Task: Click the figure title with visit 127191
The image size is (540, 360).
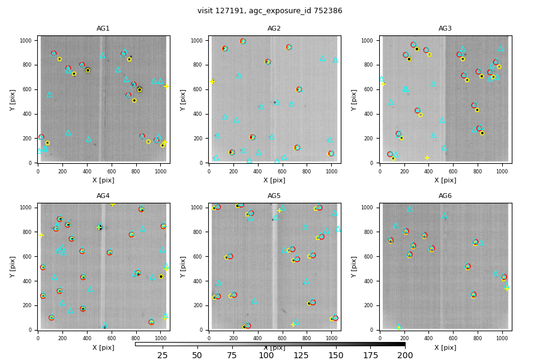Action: click(x=270, y=11)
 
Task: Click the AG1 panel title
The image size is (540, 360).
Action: click(x=103, y=29)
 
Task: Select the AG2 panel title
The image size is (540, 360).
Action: click(x=274, y=29)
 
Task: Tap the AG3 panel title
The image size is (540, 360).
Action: click(x=445, y=29)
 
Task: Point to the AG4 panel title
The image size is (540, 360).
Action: click(x=103, y=196)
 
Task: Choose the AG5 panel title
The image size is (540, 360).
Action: click(x=274, y=196)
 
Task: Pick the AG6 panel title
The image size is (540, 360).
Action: click(x=445, y=196)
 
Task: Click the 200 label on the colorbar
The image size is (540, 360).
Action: click(x=405, y=355)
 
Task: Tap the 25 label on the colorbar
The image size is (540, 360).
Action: click(x=163, y=355)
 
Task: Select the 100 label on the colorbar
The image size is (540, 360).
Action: click(x=266, y=355)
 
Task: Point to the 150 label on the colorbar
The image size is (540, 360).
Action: click(x=335, y=355)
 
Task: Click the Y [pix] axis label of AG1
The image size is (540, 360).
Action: click(x=13, y=100)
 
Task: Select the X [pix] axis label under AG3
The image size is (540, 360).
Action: click(x=445, y=180)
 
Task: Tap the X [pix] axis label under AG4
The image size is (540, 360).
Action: click(x=103, y=347)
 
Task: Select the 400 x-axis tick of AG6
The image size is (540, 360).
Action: click(x=428, y=338)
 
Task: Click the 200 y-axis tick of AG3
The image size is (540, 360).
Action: click(x=372, y=139)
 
